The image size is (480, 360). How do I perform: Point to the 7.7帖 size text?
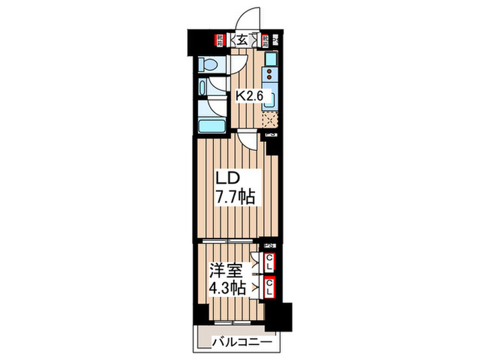click(237, 197)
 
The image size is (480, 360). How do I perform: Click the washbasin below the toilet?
click(204, 90)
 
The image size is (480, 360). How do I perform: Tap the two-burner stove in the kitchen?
click(270, 73)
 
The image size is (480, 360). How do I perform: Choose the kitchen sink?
click(270, 99)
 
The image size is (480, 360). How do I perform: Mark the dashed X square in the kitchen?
click(269, 121)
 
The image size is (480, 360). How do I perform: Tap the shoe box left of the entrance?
click(219, 40)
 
